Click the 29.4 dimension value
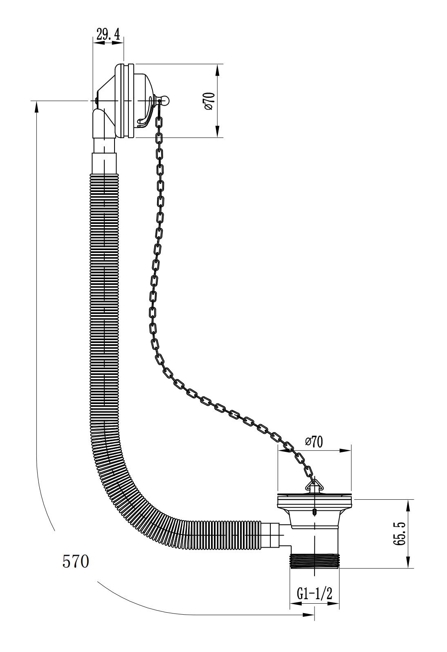click(x=108, y=35)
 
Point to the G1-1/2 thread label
click(x=314, y=594)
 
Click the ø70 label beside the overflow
click(x=209, y=101)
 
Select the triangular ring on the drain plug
click(x=312, y=486)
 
